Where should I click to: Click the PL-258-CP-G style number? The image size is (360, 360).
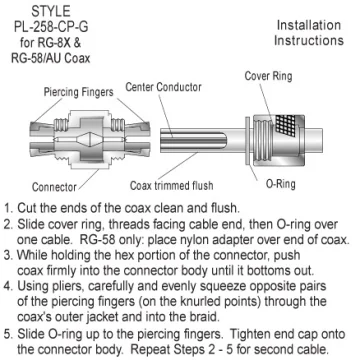tap(51, 27)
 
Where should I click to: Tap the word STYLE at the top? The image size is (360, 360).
tap(51, 12)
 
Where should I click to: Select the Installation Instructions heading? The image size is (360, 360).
tap(309, 33)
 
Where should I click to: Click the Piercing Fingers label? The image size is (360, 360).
tap(79, 92)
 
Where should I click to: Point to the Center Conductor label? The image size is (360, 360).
tap(163, 87)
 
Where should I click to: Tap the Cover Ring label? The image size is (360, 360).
tap(268, 76)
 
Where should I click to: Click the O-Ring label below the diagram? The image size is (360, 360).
tap(281, 184)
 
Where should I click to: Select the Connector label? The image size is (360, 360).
tap(54, 187)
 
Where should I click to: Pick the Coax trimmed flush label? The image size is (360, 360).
tap(171, 185)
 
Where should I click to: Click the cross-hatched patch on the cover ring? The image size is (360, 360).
tap(284, 126)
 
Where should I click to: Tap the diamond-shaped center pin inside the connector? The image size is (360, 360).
tap(90, 139)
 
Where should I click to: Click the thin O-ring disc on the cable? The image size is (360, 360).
tap(247, 140)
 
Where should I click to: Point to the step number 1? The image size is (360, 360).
tap(8, 208)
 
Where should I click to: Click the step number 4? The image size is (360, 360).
tap(8, 286)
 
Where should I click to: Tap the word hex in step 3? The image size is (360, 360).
tap(123, 255)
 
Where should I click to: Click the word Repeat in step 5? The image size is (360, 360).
tap(150, 350)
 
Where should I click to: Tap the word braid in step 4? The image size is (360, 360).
tap(202, 317)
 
